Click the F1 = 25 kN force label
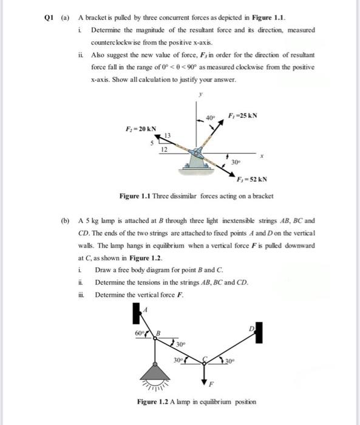click(x=243, y=116)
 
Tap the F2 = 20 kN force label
click(x=141, y=129)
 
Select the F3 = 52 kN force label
click(x=252, y=180)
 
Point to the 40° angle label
click(x=210, y=118)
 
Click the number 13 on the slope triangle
click(x=168, y=135)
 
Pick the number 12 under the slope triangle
click(x=165, y=149)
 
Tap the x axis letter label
click(x=262, y=157)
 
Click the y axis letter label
click(x=200, y=95)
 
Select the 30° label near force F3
click(x=236, y=162)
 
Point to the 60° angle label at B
click(x=139, y=333)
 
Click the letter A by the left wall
click(x=145, y=310)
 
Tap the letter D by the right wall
click(x=252, y=329)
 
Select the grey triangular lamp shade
click(x=155, y=373)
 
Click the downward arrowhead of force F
click(x=204, y=381)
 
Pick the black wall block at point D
click(x=259, y=333)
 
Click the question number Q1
click(x=49, y=18)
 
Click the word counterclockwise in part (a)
click(x=115, y=42)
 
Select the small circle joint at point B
click(x=155, y=338)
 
